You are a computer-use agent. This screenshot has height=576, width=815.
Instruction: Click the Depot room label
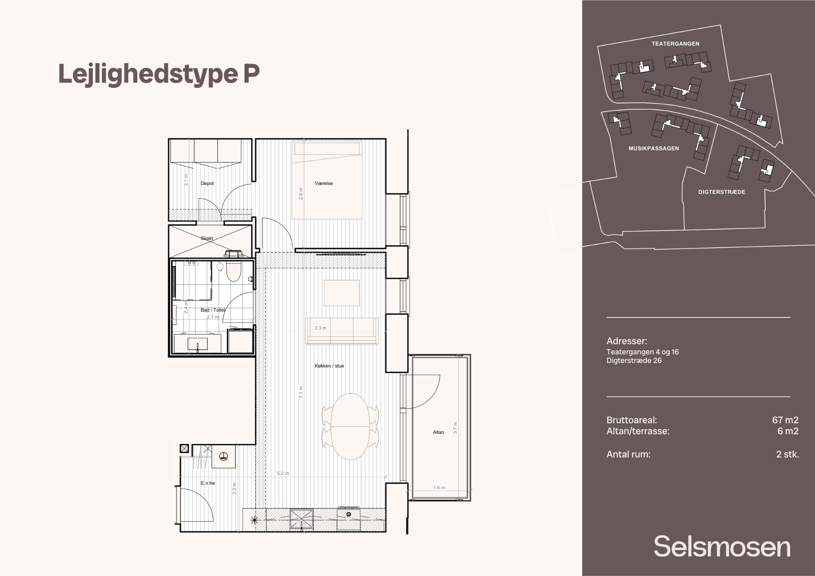(207, 183)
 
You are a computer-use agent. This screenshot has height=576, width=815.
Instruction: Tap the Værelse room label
(324, 183)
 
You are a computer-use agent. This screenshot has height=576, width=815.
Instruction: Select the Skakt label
(207, 238)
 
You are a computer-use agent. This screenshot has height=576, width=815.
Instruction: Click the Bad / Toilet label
(213, 310)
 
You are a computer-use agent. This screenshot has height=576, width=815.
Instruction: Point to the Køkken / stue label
(329, 366)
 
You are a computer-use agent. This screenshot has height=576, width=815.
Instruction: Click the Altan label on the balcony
(438, 432)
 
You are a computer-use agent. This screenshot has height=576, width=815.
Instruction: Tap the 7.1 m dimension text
(301, 392)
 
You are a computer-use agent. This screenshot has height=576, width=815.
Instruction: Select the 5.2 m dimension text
(283, 473)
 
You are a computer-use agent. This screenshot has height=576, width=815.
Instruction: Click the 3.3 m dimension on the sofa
(320, 328)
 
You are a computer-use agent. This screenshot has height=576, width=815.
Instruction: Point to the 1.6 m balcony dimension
(439, 488)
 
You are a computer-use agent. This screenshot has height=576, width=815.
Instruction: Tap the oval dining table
(350, 427)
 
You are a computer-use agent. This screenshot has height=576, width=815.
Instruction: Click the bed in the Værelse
(327, 180)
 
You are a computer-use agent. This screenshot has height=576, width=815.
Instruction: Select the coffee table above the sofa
(342, 293)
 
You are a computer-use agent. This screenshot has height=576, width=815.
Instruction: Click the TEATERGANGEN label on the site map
(675, 44)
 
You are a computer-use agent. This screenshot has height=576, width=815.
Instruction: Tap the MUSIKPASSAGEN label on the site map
(654, 149)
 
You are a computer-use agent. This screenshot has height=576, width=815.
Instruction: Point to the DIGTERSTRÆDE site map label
(722, 192)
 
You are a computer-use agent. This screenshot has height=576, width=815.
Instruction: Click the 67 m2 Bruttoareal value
(785, 420)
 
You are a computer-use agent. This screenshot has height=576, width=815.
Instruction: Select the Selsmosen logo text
(722, 546)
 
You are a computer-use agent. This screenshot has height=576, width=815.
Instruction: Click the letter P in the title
(251, 74)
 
